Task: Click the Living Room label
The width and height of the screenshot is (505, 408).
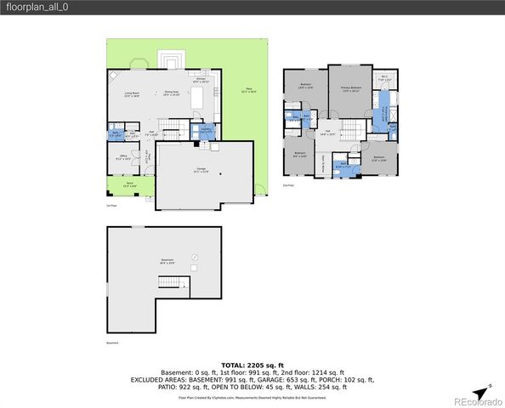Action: click(x=132, y=93)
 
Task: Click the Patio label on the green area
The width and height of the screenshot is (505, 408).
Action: click(x=249, y=89)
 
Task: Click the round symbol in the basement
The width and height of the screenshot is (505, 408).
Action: click(x=195, y=256)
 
